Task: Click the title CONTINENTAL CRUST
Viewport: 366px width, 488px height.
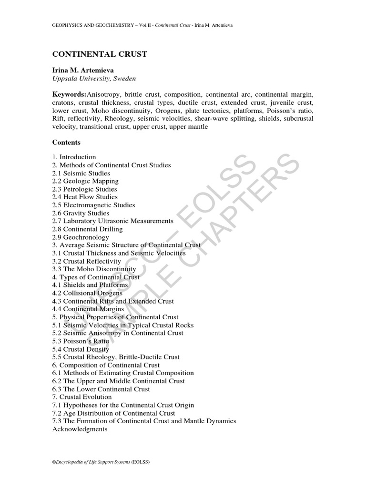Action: [100, 54]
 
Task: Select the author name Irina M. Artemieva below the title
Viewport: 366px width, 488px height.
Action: [82, 70]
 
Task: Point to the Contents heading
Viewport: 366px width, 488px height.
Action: [66, 142]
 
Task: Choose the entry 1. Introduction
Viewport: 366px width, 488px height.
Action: [74, 157]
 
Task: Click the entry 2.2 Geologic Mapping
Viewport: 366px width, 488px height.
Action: [85, 181]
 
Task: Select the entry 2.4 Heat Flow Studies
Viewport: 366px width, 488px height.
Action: [85, 197]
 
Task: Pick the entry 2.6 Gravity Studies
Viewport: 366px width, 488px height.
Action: [81, 213]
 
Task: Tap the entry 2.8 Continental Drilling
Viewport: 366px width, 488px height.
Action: [87, 229]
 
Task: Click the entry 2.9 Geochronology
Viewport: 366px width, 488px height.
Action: [81, 237]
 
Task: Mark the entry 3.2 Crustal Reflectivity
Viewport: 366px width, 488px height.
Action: [87, 261]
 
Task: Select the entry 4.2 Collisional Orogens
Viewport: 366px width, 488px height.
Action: [89, 293]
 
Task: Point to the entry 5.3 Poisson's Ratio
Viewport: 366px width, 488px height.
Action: [81, 341]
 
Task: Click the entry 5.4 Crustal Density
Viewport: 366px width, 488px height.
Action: [81, 349]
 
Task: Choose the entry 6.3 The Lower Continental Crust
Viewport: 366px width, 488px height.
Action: [101, 389]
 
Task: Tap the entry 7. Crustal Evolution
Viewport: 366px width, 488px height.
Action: [82, 397]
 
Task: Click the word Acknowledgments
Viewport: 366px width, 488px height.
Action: [80, 429]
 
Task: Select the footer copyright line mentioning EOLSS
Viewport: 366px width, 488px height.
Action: [101, 462]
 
